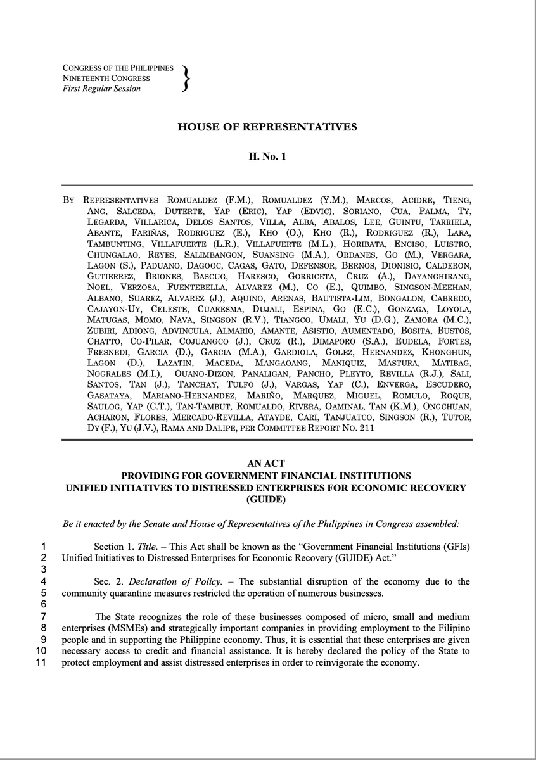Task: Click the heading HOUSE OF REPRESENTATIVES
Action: tap(267, 127)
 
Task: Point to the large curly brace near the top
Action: tap(185, 79)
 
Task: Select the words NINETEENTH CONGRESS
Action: tap(106, 79)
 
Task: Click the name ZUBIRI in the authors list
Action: tap(101, 331)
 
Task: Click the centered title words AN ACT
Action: tap(267, 465)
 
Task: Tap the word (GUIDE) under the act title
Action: tap(267, 499)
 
